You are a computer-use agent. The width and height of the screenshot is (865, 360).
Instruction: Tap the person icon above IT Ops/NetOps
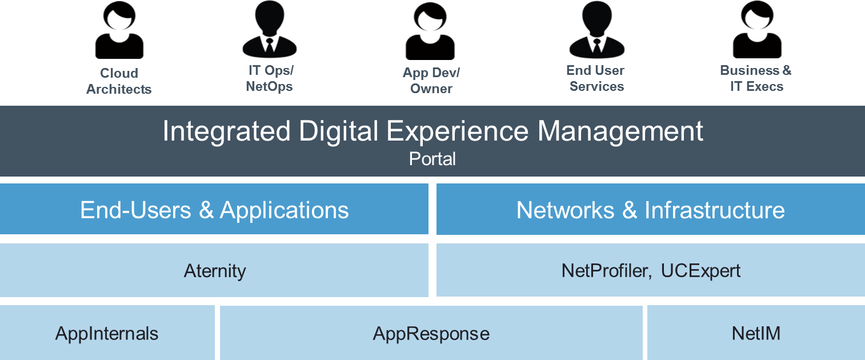[270, 30]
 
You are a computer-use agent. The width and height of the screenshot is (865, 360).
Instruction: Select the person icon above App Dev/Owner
[430, 33]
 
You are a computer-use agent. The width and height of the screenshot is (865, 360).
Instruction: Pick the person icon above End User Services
[596, 30]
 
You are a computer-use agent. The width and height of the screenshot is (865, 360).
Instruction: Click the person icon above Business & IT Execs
[757, 30]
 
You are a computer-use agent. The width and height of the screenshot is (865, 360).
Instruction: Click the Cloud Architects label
[119, 81]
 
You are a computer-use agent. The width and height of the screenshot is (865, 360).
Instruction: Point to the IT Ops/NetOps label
[270, 79]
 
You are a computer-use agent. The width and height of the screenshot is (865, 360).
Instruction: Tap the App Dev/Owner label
[431, 81]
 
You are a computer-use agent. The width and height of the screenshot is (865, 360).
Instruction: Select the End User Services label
[596, 78]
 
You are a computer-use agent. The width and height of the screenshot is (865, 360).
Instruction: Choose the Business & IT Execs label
[756, 78]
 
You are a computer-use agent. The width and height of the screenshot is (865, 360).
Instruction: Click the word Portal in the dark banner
[433, 159]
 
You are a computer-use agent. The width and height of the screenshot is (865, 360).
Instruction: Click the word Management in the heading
[620, 131]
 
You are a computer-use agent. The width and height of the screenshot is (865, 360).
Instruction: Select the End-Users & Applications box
[214, 210]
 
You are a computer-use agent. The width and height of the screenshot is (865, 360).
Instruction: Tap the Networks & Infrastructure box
[650, 210]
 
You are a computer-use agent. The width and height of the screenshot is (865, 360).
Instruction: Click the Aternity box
[214, 270]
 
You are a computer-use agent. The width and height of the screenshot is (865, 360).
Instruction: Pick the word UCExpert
[700, 270]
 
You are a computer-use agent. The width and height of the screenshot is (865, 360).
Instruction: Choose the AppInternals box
[107, 333]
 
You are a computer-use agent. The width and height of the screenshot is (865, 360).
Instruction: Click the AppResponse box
[431, 333]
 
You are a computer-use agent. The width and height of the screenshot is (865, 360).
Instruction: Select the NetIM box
[756, 333]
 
